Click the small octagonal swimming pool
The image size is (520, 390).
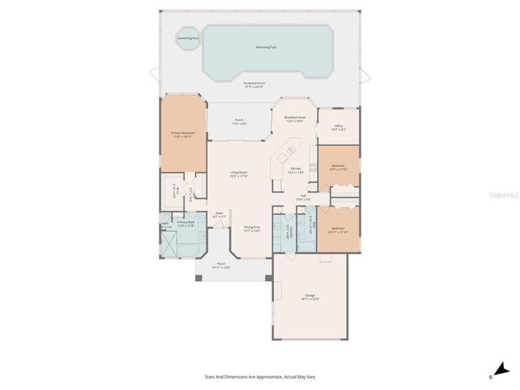point(186,38)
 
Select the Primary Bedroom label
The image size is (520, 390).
point(182,134)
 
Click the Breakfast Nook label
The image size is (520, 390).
point(294,119)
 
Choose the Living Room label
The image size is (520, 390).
point(238,173)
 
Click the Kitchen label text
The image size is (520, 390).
point(296,170)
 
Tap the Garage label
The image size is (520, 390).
point(310,297)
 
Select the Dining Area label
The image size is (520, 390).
point(252,229)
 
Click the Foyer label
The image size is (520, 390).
point(219,215)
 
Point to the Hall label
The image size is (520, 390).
point(302,197)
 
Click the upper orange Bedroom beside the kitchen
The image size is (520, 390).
point(338,167)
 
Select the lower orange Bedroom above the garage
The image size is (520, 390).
point(338,230)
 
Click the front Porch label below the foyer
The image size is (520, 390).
point(221,266)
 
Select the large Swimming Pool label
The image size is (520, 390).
point(267,47)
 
